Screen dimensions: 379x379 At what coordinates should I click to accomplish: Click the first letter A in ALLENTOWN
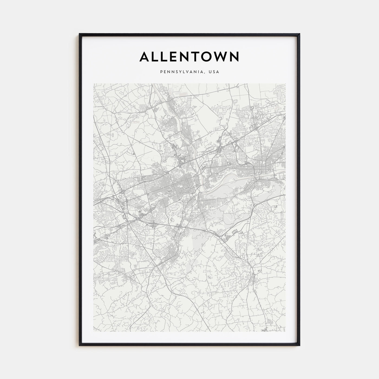(145, 57)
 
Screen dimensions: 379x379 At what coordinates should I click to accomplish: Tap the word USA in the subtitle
(214, 72)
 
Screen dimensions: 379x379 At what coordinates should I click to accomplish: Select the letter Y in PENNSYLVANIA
(176, 72)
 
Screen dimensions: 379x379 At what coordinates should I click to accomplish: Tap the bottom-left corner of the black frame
(80, 345)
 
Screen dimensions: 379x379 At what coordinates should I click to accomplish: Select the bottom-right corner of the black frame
(300, 345)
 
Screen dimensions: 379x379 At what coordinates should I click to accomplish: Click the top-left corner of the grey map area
(94, 84)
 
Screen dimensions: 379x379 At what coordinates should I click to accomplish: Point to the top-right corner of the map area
(285, 84)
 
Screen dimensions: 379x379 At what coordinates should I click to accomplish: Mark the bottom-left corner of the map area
(94, 331)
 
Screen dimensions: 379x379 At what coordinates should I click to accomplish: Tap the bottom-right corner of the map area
(285, 331)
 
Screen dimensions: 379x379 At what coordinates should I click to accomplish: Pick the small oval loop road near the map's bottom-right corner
(270, 321)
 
